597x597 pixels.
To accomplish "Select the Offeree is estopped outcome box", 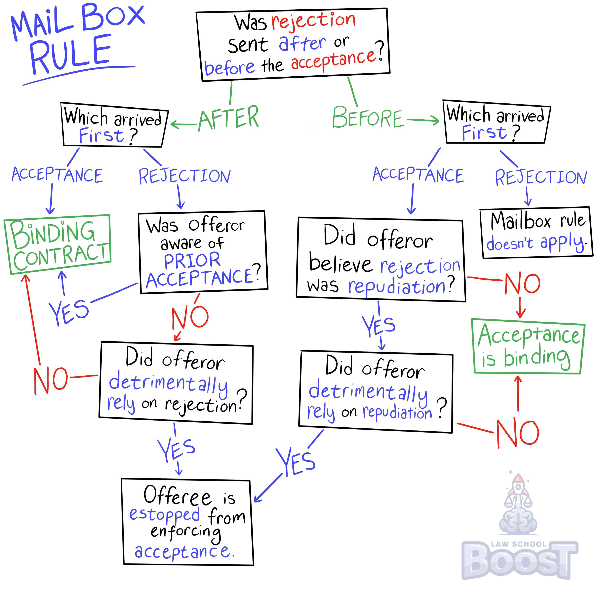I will point(187,522).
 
